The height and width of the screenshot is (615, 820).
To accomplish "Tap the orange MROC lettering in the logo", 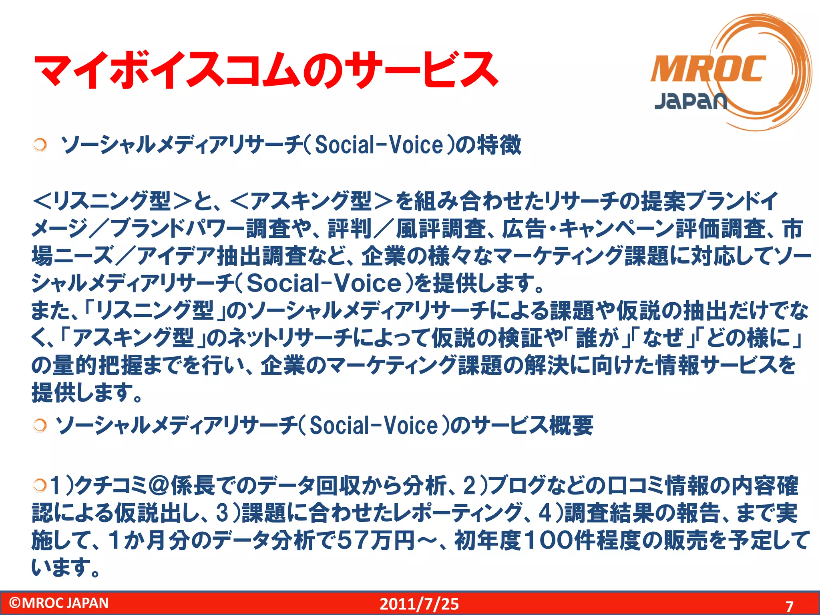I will (x=708, y=69).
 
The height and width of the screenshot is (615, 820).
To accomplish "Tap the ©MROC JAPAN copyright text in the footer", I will (x=59, y=603).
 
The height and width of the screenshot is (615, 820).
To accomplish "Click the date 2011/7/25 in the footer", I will (x=419, y=604).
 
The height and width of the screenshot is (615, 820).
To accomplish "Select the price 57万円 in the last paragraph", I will (x=376, y=540).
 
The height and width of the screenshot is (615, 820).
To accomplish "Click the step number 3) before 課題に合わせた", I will (x=228, y=513).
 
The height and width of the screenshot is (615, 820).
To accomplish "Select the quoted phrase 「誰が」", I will (x=597, y=338).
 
